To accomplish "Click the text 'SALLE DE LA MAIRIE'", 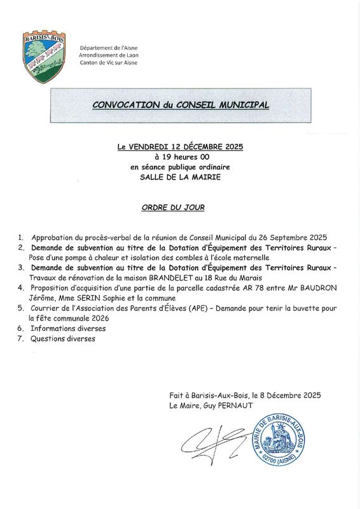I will (x=181, y=177).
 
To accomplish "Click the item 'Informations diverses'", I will (x=68, y=328).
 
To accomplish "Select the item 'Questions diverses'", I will (x=62, y=339).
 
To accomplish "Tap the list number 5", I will (x=21, y=308).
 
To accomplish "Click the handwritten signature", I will (x=214, y=442).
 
